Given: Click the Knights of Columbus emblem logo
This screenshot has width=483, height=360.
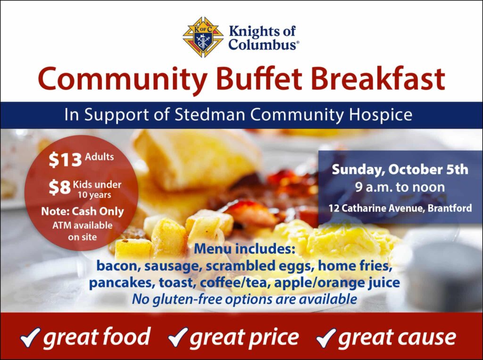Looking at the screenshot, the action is (203, 37).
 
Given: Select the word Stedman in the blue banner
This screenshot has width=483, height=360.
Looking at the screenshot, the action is (210, 115).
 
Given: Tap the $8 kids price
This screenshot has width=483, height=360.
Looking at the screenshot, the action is (60, 187).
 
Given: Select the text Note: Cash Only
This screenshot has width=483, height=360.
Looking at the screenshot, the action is (83, 211).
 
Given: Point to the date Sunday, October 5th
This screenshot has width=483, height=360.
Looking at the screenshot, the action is (400, 170).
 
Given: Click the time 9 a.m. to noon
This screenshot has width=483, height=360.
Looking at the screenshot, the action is (400, 187).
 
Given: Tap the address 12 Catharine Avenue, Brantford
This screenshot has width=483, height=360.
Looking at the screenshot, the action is (400, 208).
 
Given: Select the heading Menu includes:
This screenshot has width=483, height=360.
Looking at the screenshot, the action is (245, 249).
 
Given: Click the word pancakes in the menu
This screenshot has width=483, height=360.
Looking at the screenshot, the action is (122, 283).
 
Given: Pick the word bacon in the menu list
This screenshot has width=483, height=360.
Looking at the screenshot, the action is (118, 266).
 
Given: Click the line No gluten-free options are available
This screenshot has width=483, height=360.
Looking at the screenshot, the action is (245, 299).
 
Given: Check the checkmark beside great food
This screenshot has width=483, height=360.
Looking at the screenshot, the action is (30, 337).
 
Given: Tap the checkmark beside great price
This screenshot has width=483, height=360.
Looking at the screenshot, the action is (178, 337).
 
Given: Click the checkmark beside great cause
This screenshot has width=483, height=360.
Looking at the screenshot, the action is (326, 337).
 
